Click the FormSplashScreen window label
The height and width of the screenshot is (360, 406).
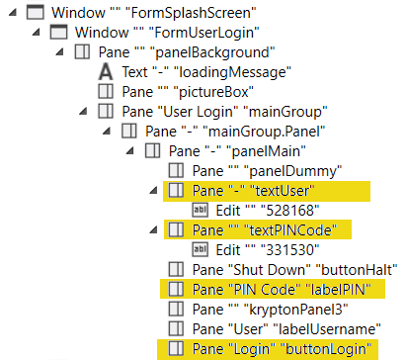click(154, 13)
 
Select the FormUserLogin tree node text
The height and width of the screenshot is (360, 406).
click(167, 33)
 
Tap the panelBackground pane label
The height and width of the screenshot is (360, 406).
click(187, 52)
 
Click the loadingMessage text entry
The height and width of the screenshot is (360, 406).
click(206, 72)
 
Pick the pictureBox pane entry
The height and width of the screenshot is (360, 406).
click(188, 92)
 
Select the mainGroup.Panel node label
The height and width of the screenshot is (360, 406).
click(235, 132)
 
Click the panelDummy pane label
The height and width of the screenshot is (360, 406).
click(267, 171)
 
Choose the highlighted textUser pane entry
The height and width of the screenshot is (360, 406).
click(254, 191)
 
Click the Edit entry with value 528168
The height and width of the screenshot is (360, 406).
click(268, 211)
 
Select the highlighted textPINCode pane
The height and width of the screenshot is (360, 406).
click(265, 230)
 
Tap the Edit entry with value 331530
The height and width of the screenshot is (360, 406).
click(268, 250)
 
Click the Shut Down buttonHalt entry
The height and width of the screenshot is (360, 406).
click(295, 270)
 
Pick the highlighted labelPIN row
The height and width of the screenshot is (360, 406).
click(282, 290)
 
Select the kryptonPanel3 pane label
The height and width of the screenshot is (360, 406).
click(270, 310)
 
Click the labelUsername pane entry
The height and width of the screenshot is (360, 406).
click(286, 329)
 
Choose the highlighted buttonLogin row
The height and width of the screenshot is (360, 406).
click(282, 349)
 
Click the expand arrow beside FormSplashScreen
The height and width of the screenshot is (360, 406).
click(13, 13)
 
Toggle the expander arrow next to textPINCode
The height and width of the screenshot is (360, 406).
click(153, 229)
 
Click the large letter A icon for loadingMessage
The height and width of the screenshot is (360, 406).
click(106, 72)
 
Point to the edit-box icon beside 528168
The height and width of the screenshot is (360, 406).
click(200, 211)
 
